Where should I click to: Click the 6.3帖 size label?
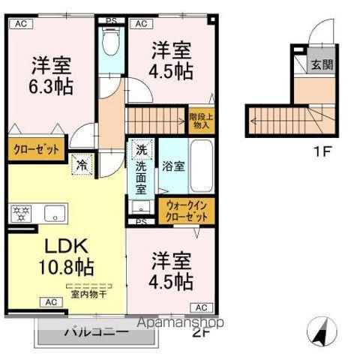coord(52,86)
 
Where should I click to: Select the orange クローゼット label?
coord(35,149)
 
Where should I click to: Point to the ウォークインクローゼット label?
coord(185,210)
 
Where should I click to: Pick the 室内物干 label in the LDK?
coord(88,293)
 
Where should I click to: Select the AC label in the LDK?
coord(50,302)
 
